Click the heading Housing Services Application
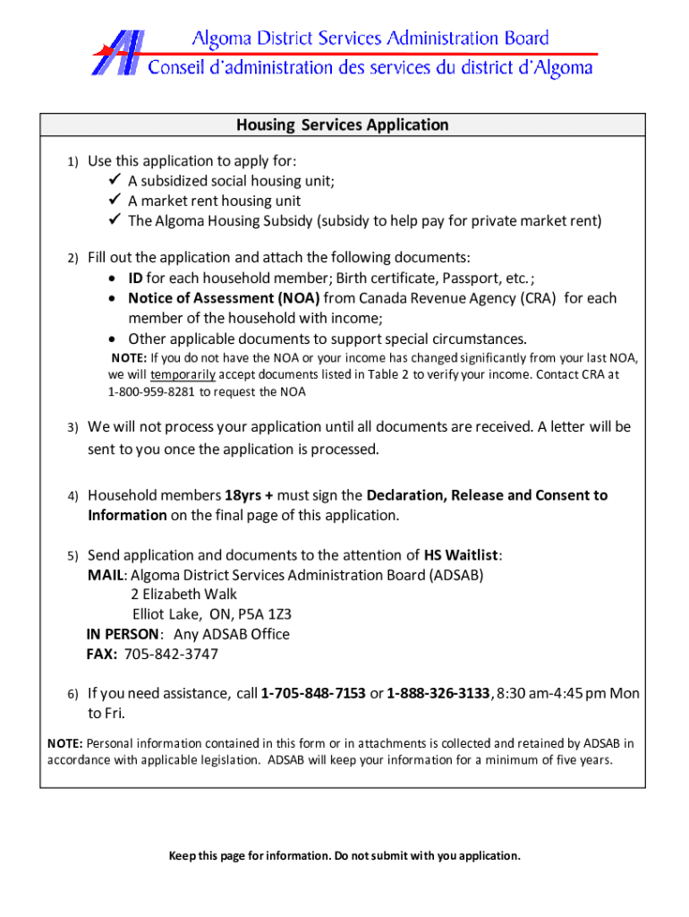click(x=342, y=125)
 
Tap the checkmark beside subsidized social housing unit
click(x=114, y=180)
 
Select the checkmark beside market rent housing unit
click(x=114, y=201)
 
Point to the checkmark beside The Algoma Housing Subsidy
click(x=114, y=220)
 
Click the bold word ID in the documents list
click(x=135, y=279)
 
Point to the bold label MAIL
click(x=104, y=575)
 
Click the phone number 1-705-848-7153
click(x=312, y=694)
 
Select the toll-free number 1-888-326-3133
click(x=438, y=694)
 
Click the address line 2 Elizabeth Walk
click(x=183, y=595)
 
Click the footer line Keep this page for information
click(x=344, y=856)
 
